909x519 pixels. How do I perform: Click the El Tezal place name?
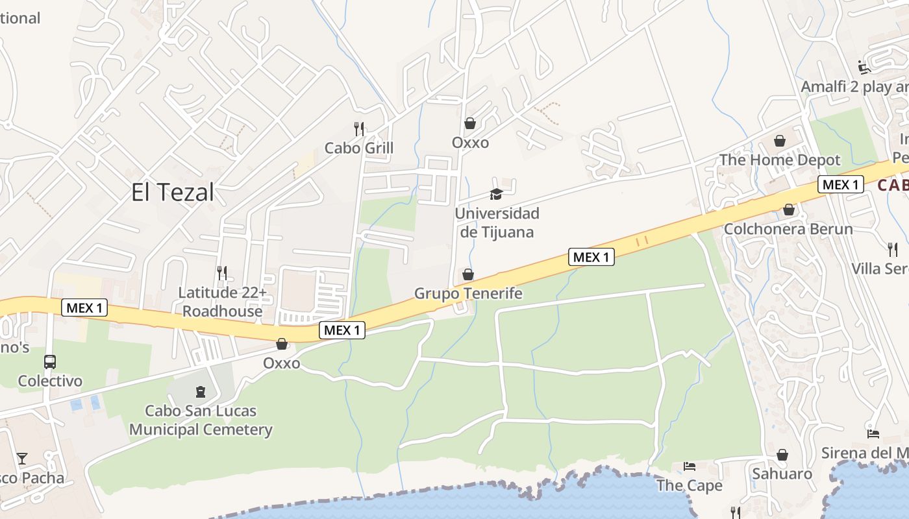click(x=172, y=193)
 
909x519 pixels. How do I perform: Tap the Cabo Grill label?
click(x=359, y=148)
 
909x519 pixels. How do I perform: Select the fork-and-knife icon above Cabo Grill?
click(x=359, y=128)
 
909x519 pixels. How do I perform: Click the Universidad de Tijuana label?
click(x=497, y=223)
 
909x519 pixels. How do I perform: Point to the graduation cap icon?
click(x=496, y=194)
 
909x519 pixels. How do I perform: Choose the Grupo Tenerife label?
click(x=468, y=294)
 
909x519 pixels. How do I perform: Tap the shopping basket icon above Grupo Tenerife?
click(x=468, y=275)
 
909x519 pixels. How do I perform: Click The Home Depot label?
click(x=780, y=160)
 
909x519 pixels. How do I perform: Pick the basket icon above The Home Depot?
click(x=780, y=141)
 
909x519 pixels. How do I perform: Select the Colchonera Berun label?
click(x=788, y=229)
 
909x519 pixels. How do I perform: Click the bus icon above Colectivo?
click(x=50, y=362)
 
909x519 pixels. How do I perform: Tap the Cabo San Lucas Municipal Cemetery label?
click(x=201, y=420)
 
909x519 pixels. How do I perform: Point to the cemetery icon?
click(x=200, y=392)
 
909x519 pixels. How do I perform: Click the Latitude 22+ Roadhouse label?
click(x=222, y=302)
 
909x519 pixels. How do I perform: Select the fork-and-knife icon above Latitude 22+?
click(x=222, y=272)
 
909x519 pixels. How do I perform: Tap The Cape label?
click(x=689, y=485)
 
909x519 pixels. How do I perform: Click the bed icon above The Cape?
click(x=690, y=466)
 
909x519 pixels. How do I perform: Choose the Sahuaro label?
click(x=782, y=474)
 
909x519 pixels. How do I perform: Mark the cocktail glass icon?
click(x=22, y=459)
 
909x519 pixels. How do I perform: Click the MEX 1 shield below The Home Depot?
click(x=841, y=184)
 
